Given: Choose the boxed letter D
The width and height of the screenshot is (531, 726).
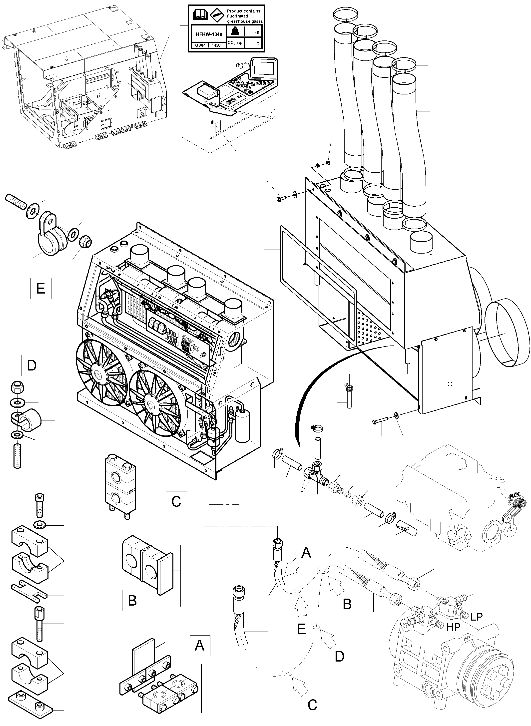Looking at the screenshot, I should tap(32, 365).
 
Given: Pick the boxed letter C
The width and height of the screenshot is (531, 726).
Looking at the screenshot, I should tap(176, 501).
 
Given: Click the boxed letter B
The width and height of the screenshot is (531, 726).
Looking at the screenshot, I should tap(132, 600).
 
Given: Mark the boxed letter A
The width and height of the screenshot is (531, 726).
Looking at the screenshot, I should tap(200, 645).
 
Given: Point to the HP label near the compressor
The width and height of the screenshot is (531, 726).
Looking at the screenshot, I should tap(453, 627).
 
